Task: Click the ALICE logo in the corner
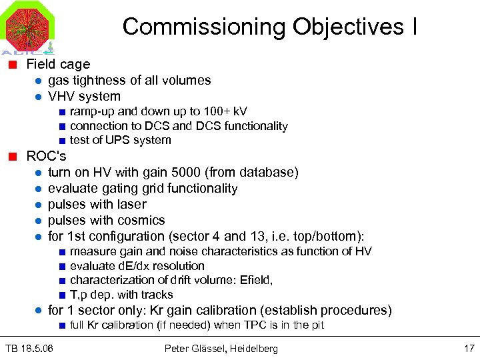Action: click(x=27, y=27)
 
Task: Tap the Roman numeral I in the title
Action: click(x=415, y=27)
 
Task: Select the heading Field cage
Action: click(x=58, y=64)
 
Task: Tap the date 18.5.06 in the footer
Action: click(x=38, y=348)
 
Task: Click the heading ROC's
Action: click(x=46, y=156)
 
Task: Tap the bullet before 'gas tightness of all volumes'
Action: click(x=39, y=81)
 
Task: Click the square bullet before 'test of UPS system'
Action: click(x=61, y=141)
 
